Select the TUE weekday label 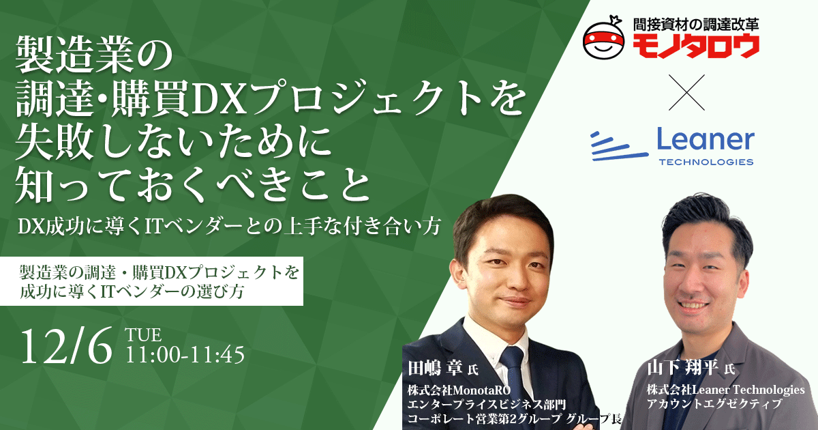pos(143,335)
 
